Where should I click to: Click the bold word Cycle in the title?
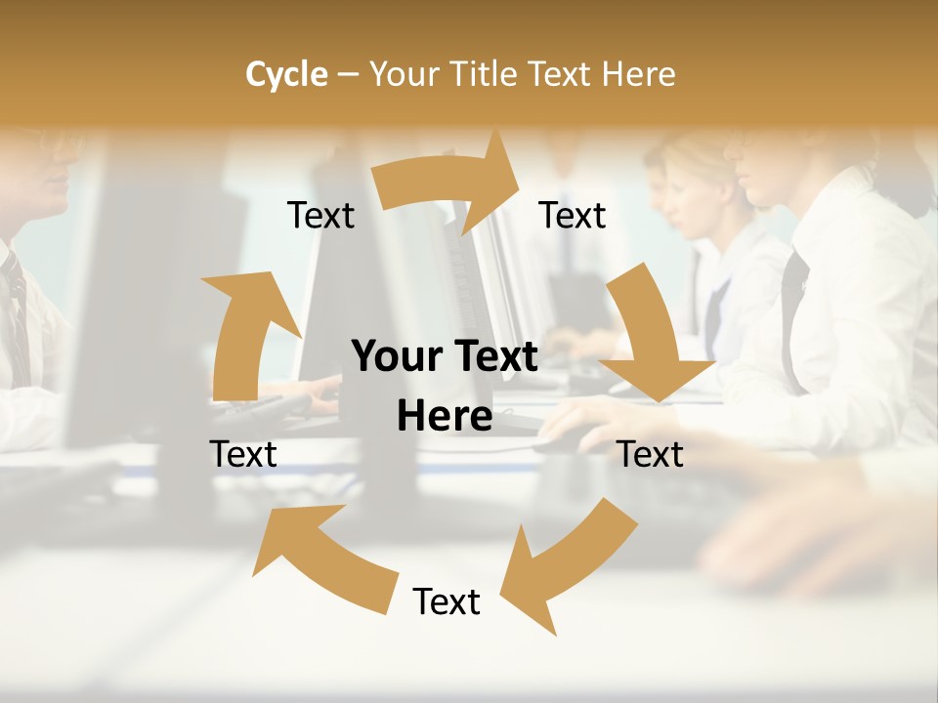[x=286, y=74]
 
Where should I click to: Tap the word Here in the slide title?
[x=639, y=74]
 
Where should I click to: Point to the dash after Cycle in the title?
[x=348, y=75]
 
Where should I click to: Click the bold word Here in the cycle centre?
[x=445, y=417]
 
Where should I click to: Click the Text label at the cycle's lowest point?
[x=447, y=602]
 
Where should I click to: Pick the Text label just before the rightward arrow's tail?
[x=320, y=216]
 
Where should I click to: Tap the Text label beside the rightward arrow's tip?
[x=573, y=216]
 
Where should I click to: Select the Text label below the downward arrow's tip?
[x=650, y=455]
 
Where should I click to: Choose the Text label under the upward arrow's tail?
[x=243, y=455]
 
